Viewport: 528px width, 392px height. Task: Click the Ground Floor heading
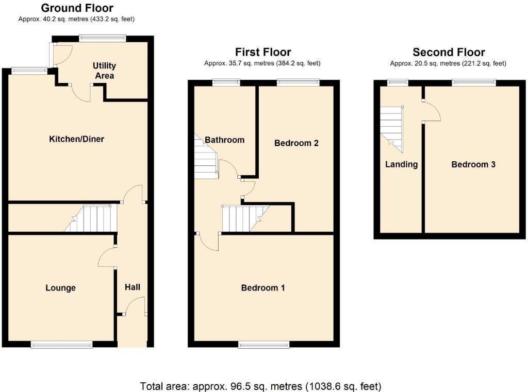(x=77, y=8)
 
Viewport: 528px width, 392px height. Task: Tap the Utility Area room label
(x=104, y=71)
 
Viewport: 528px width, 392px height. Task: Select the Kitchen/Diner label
(x=76, y=139)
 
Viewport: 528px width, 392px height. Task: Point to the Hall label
(x=133, y=287)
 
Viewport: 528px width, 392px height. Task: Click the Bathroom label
(x=224, y=140)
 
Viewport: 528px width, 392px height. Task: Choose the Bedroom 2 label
(x=296, y=143)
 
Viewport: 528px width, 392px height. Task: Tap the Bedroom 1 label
(x=263, y=287)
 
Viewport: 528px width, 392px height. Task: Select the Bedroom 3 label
(x=473, y=164)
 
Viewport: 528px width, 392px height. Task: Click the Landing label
(x=401, y=164)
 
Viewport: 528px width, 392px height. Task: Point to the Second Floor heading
(x=449, y=52)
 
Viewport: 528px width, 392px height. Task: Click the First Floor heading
(x=263, y=52)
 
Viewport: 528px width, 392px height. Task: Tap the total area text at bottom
(x=260, y=386)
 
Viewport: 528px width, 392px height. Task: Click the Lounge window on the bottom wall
(x=61, y=345)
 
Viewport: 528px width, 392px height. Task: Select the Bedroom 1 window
(x=263, y=345)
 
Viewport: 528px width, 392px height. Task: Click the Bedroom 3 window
(x=474, y=82)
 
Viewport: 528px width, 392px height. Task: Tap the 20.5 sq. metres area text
(x=448, y=63)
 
